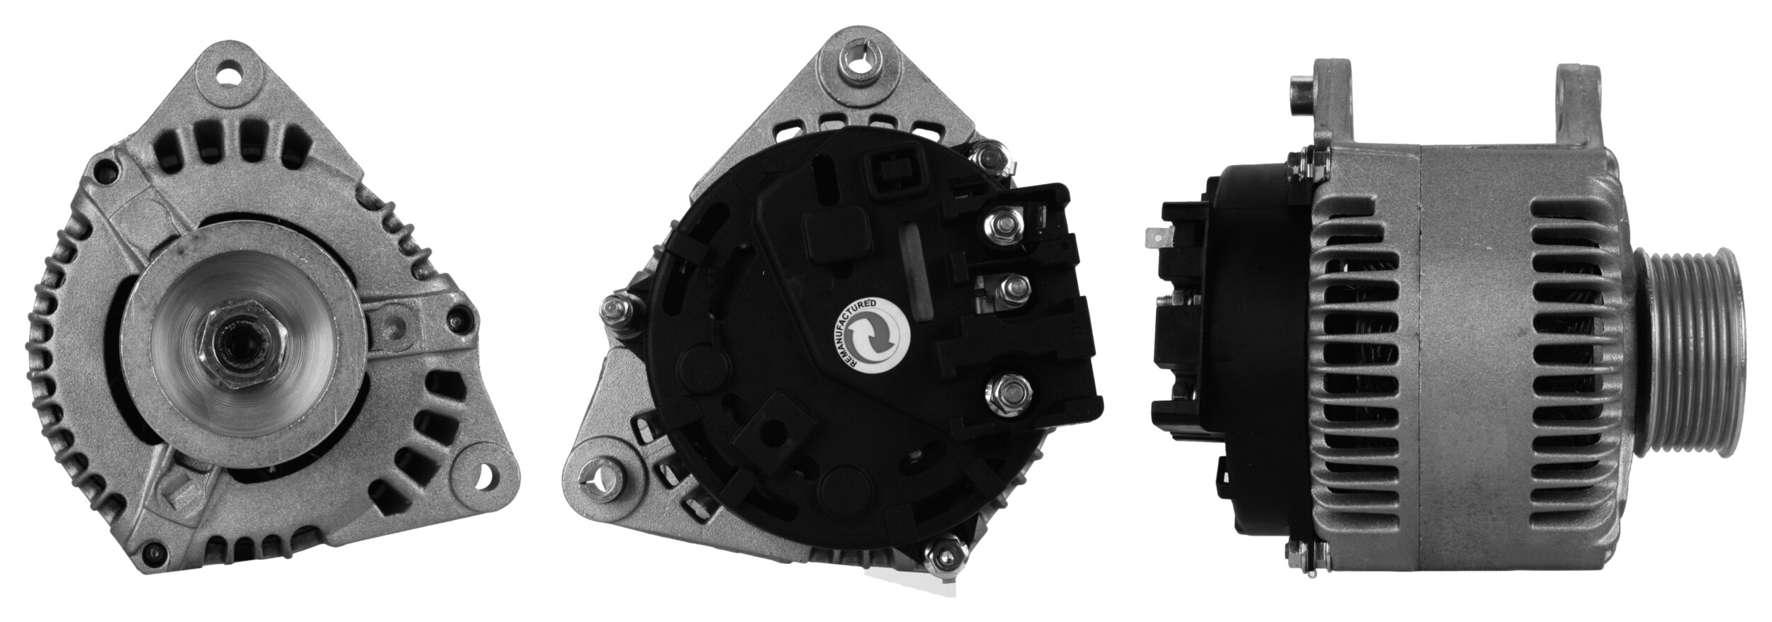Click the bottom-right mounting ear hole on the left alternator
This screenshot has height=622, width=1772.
point(485,470)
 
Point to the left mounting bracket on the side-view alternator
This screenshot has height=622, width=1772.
point(1329,110)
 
